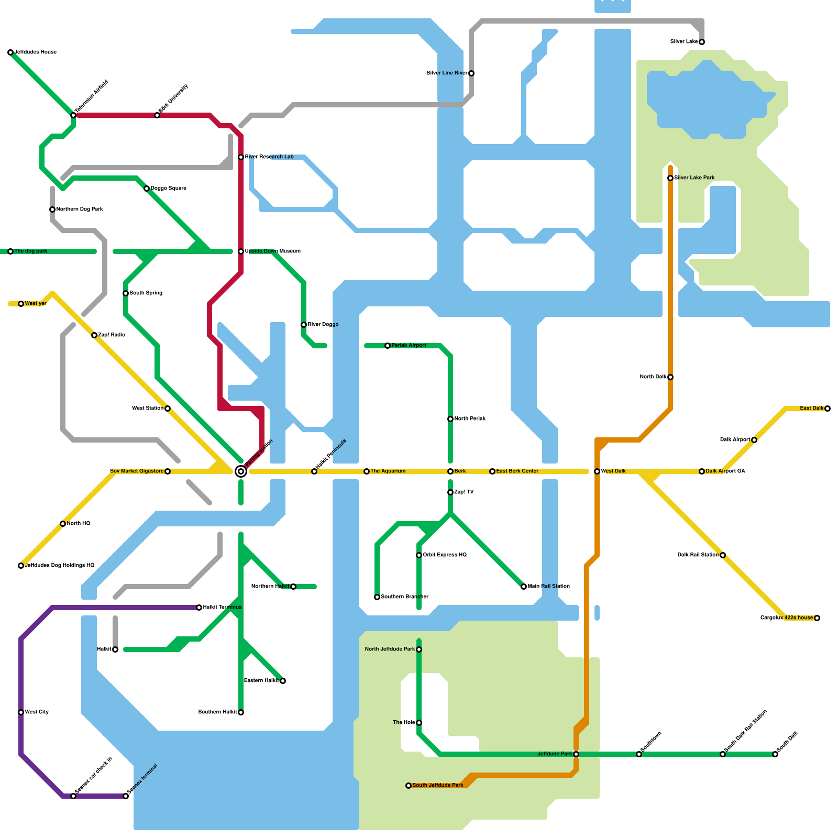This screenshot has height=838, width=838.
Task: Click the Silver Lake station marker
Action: point(702,42)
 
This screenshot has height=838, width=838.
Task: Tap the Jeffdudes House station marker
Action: point(10,52)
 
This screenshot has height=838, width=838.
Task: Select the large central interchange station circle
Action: point(241,471)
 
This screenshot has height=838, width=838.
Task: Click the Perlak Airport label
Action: point(409,346)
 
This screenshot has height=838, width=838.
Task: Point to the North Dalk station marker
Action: point(670,377)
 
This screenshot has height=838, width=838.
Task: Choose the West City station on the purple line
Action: point(21,712)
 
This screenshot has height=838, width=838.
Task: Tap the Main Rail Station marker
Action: point(524,587)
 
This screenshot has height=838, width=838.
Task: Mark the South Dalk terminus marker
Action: point(775,754)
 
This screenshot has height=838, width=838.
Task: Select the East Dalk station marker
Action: point(828,409)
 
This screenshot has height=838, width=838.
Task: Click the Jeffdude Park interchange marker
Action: point(576,754)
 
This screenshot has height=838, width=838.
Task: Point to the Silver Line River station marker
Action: point(471,73)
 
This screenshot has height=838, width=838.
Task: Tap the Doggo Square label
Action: point(168,189)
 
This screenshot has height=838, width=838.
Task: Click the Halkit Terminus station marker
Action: point(199,608)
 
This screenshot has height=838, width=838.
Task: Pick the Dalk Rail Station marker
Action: point(723,555)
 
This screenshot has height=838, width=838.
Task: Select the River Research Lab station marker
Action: point(241,157)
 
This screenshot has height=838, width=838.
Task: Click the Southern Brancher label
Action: point(404,597)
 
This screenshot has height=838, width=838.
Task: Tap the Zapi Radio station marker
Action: point(94,335)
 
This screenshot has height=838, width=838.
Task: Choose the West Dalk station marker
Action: point(597,471)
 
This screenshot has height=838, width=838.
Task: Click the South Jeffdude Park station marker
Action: point(409,786)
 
